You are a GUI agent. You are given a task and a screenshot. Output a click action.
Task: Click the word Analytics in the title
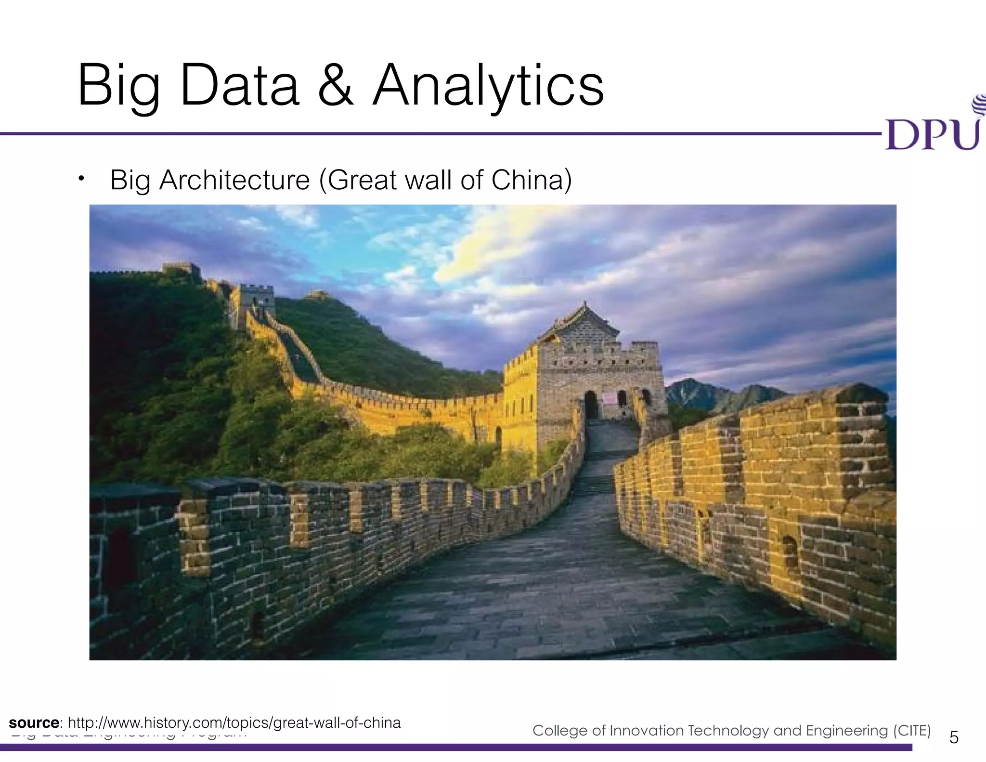tap(488, 87)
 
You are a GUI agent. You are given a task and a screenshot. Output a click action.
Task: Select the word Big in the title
tap(118, 87)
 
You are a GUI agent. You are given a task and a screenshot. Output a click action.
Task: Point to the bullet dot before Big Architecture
tap(82, 179)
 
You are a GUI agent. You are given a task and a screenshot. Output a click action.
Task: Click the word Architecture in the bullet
tap(234, 180)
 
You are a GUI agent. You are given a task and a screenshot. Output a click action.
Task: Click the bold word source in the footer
tap(34, 723)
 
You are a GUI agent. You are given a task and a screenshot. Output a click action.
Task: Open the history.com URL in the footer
tap(234, 723)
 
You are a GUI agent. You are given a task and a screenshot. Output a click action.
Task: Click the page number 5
tap(954, 737)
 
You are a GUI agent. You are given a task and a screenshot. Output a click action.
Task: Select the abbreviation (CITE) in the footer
tap(912, 731)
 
